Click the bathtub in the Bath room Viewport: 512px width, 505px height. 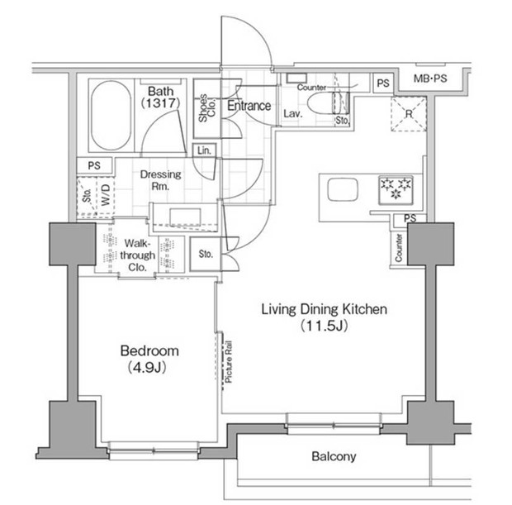point(109,117)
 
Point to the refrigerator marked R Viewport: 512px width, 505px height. point(406,114)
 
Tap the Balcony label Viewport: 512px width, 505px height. point(334,456)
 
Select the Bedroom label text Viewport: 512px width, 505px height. point(149,351)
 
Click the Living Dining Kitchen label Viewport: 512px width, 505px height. point(324,310)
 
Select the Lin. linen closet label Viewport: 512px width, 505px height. point(202,150)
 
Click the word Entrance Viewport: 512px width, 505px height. point(249,106)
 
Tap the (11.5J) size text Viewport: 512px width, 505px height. point(324,326)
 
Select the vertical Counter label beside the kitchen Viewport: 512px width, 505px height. point(399,248)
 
